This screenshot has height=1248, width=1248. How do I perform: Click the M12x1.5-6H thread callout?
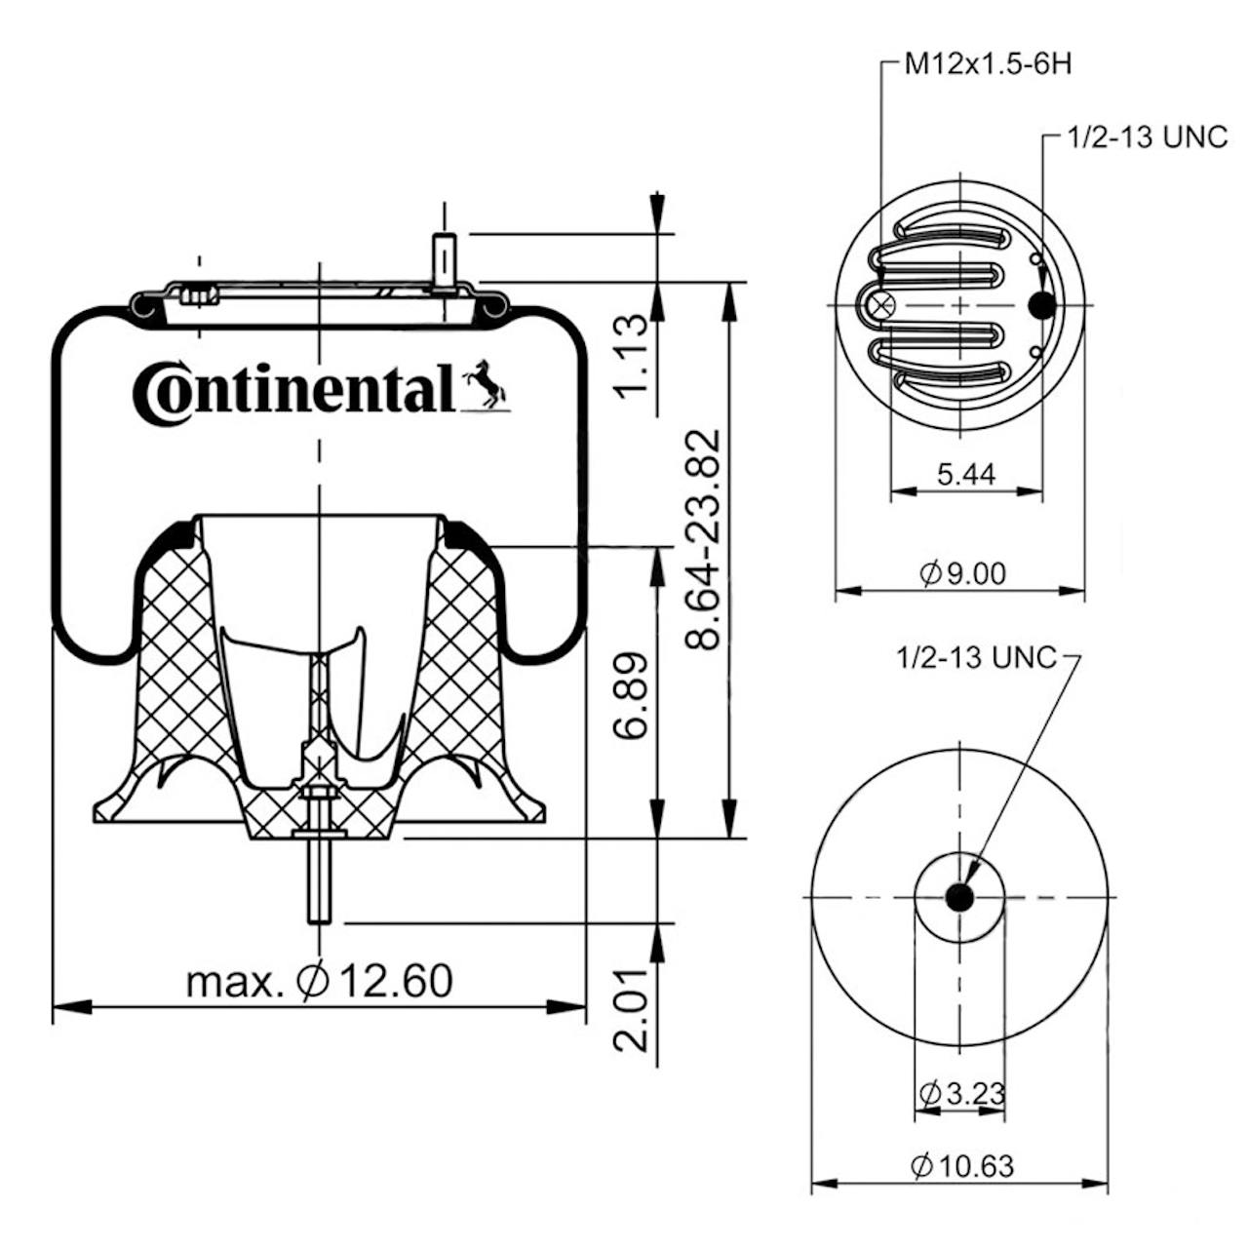pos(987,64)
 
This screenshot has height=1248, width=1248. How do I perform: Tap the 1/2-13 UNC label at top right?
pos(1147,136)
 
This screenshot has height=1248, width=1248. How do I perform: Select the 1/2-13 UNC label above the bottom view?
pos(976,659)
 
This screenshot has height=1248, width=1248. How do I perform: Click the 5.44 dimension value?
pos(965,475)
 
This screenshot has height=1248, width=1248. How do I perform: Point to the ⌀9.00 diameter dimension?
pos(963,574)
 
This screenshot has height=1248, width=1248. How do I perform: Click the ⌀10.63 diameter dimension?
pos(962,1167)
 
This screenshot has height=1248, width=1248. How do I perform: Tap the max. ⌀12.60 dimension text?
pos(319,981)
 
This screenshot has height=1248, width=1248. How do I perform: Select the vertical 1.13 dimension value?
pos(631,357)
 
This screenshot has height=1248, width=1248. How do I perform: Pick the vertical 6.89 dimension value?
pos(631,695)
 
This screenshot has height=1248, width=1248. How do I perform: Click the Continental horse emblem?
pos(486,386)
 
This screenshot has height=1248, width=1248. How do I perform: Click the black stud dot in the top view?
pos(1042,304)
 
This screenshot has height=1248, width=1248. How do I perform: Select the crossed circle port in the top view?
pos(881,304)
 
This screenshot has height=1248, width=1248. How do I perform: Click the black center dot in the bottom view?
pos(959,898)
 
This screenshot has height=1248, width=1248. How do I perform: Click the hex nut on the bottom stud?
pos(318,795)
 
